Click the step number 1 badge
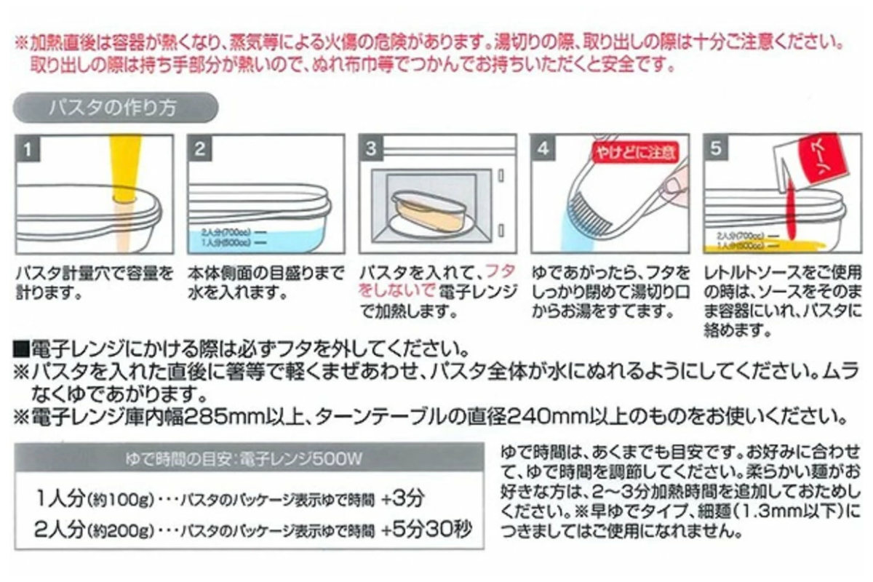[28, 150]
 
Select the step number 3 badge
[372, 150]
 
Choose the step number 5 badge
[716, 150]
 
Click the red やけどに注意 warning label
[633, 153]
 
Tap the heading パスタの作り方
[112, 108]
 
